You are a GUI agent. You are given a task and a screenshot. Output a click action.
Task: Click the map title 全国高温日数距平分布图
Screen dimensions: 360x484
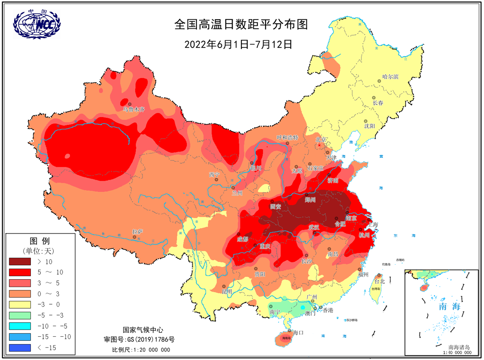coord(241,25)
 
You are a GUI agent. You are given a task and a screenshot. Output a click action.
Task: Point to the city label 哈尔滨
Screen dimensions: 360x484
coord(391,77)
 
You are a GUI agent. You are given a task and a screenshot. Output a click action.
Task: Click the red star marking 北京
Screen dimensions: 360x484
coord(320,145)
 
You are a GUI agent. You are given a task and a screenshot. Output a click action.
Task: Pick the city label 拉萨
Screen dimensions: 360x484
coord(137,231)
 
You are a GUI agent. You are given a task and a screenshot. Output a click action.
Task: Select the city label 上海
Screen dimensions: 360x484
coord(372,224)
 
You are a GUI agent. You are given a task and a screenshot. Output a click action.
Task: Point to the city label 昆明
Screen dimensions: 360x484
coord(227,291)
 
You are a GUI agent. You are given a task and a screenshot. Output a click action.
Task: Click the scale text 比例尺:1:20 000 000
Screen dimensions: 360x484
coord(141,350)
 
